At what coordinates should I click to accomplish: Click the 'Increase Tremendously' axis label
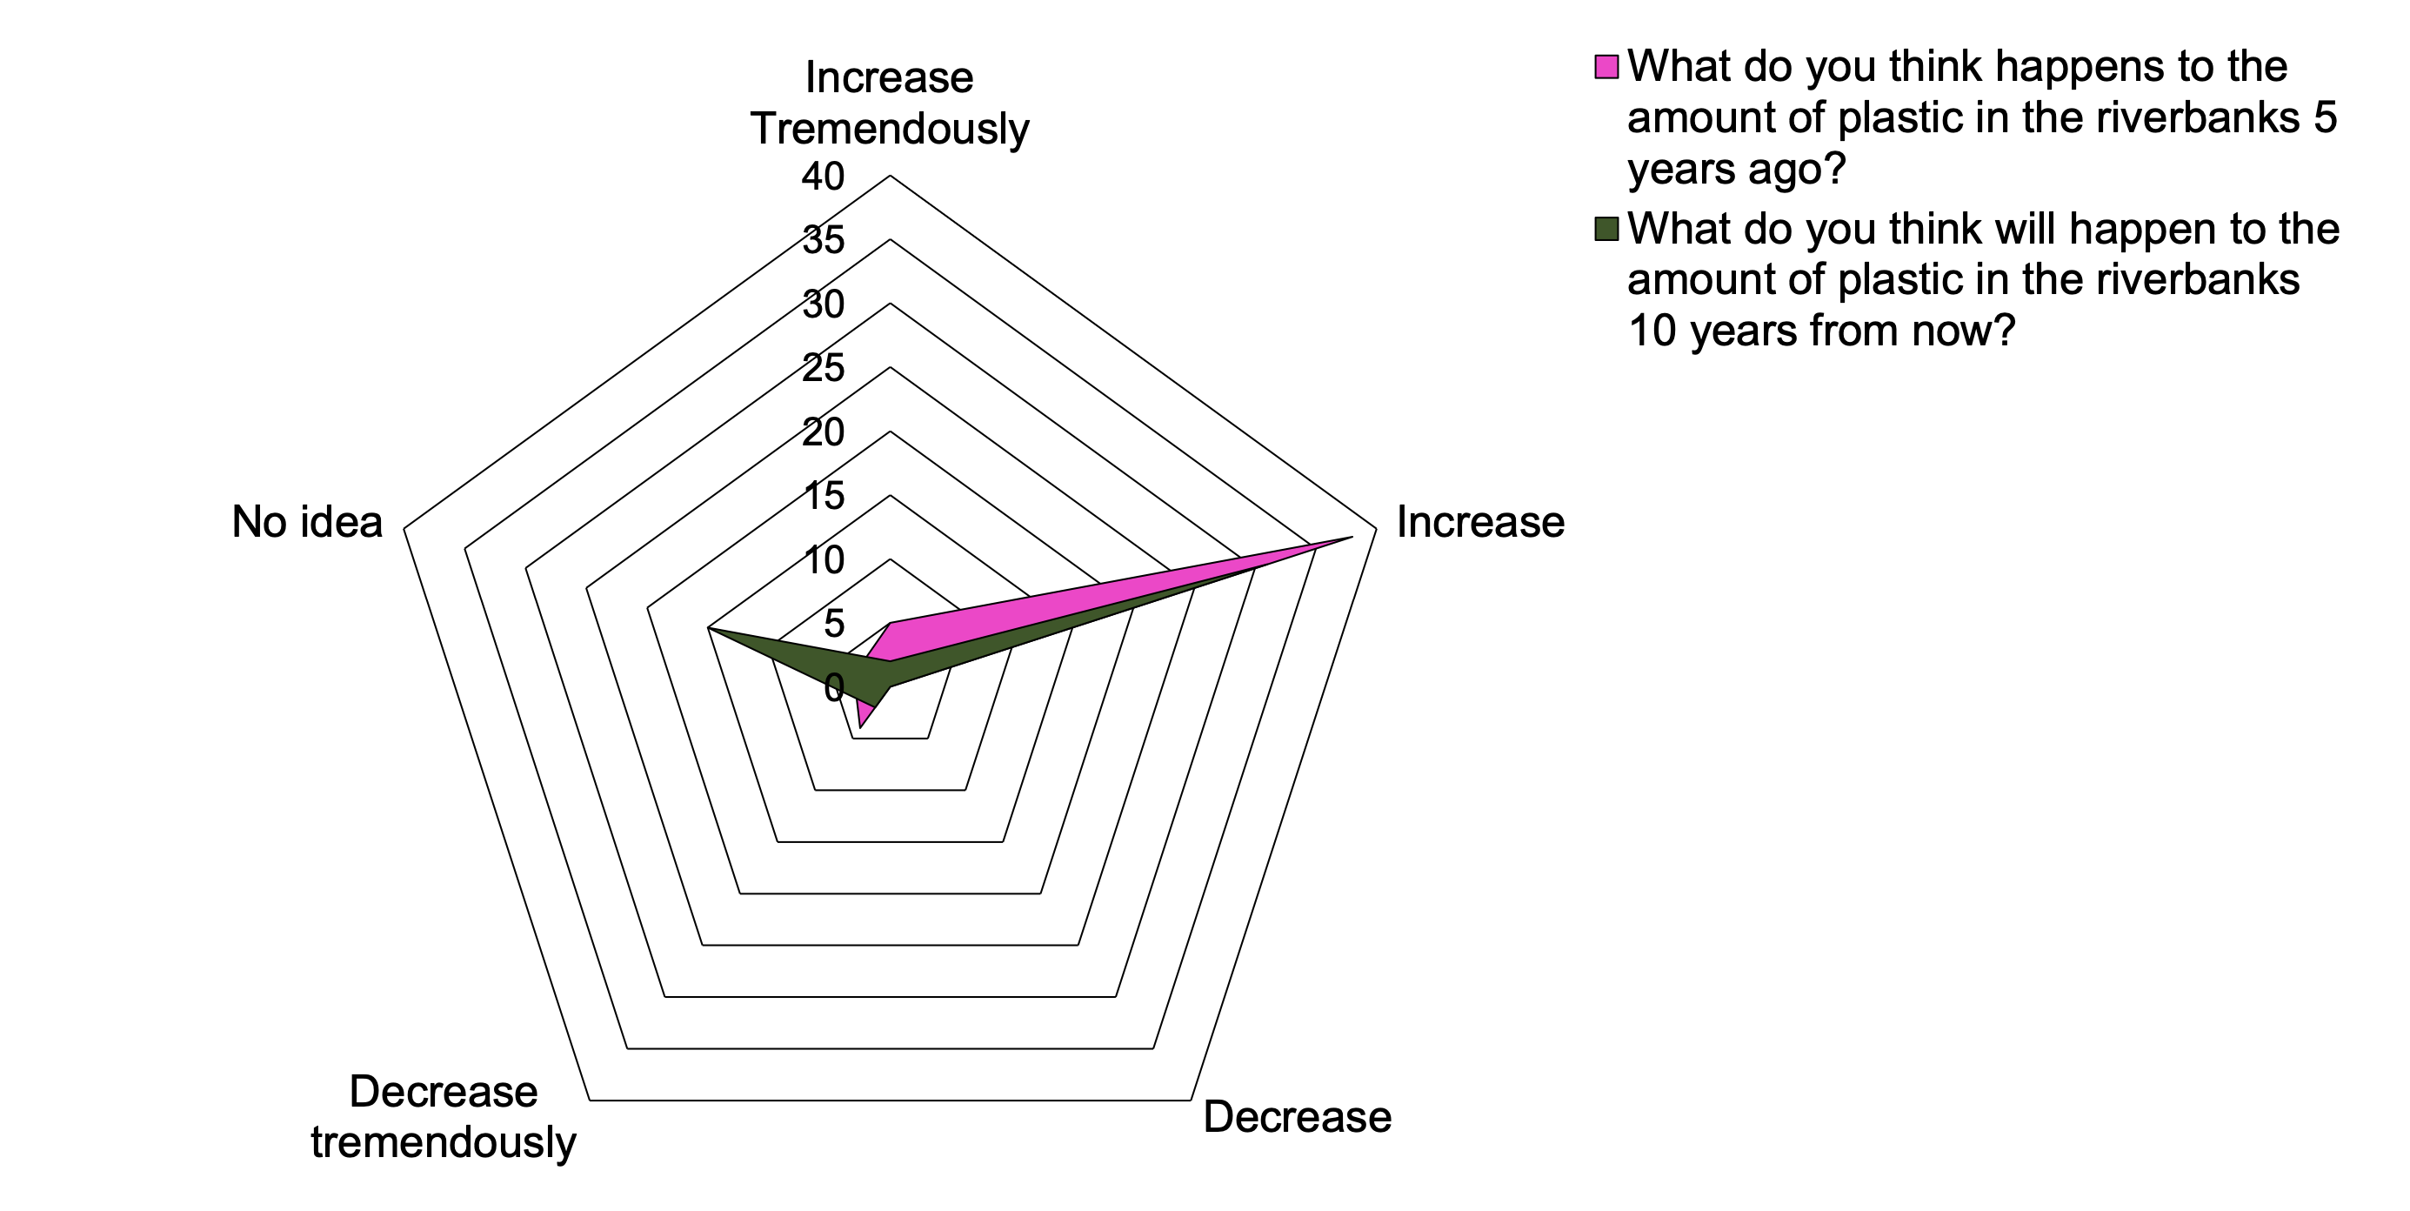click(889, 103)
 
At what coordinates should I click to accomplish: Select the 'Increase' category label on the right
click(1480, 522)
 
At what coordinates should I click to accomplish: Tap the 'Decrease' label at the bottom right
click(1297, 1116)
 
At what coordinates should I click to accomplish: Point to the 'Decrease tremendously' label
click(444, 1116)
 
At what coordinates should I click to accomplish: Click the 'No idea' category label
click(307, 522)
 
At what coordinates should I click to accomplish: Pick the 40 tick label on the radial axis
click(824, 177)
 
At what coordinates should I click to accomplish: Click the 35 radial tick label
click(824, 240)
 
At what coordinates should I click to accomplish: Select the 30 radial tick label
click(824, 304)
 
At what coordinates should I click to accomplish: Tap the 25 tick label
click(824, 368)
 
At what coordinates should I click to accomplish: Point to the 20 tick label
click(824, 432)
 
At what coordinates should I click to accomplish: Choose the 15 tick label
click(824, 496)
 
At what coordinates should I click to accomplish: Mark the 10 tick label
click(824, 559)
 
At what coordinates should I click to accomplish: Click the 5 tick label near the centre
click(833, 623)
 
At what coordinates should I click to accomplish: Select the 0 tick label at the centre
click(833, 689)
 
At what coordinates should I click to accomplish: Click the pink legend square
click(1606, 67)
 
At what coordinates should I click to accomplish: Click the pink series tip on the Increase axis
click(1351, 537)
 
